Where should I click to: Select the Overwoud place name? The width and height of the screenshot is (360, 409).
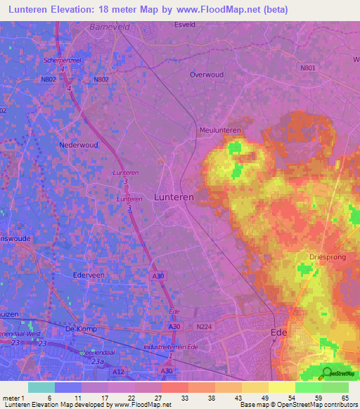point(207,74)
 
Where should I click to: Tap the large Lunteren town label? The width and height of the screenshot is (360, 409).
point(174,198)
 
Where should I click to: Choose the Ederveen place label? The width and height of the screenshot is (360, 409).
point(89,275)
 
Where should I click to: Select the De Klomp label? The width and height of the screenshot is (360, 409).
point(79,329)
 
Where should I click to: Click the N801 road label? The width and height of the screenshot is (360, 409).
point(307,67)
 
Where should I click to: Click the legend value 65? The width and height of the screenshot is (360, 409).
point(345,398)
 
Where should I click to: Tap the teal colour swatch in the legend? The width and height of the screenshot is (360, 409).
point(41,387)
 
